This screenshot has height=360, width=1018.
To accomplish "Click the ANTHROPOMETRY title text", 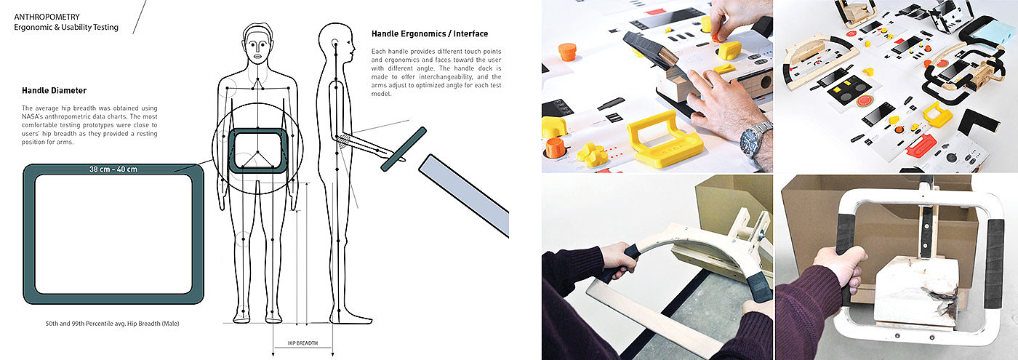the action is (47, 17).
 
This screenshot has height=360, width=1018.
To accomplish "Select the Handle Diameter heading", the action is (54, 90).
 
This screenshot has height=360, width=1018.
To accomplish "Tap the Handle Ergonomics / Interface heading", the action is (430, 33).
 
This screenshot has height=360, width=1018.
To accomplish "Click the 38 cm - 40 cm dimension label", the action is (113, 169).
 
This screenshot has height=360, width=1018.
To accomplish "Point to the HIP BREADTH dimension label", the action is (302, 343).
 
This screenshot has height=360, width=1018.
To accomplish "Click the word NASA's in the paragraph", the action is (32, 116).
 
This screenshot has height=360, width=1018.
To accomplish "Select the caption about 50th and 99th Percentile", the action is (112, 324).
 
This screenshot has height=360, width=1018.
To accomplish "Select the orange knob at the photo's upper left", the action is (567, 52).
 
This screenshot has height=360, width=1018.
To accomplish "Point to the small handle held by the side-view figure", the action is (404, 149).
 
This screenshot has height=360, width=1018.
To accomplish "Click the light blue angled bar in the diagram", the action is (464, 196).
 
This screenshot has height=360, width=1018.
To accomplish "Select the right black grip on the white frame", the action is (993, 263).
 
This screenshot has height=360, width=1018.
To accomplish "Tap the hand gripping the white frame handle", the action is (839, 268).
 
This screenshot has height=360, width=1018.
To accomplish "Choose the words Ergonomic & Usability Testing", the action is (66, 28).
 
